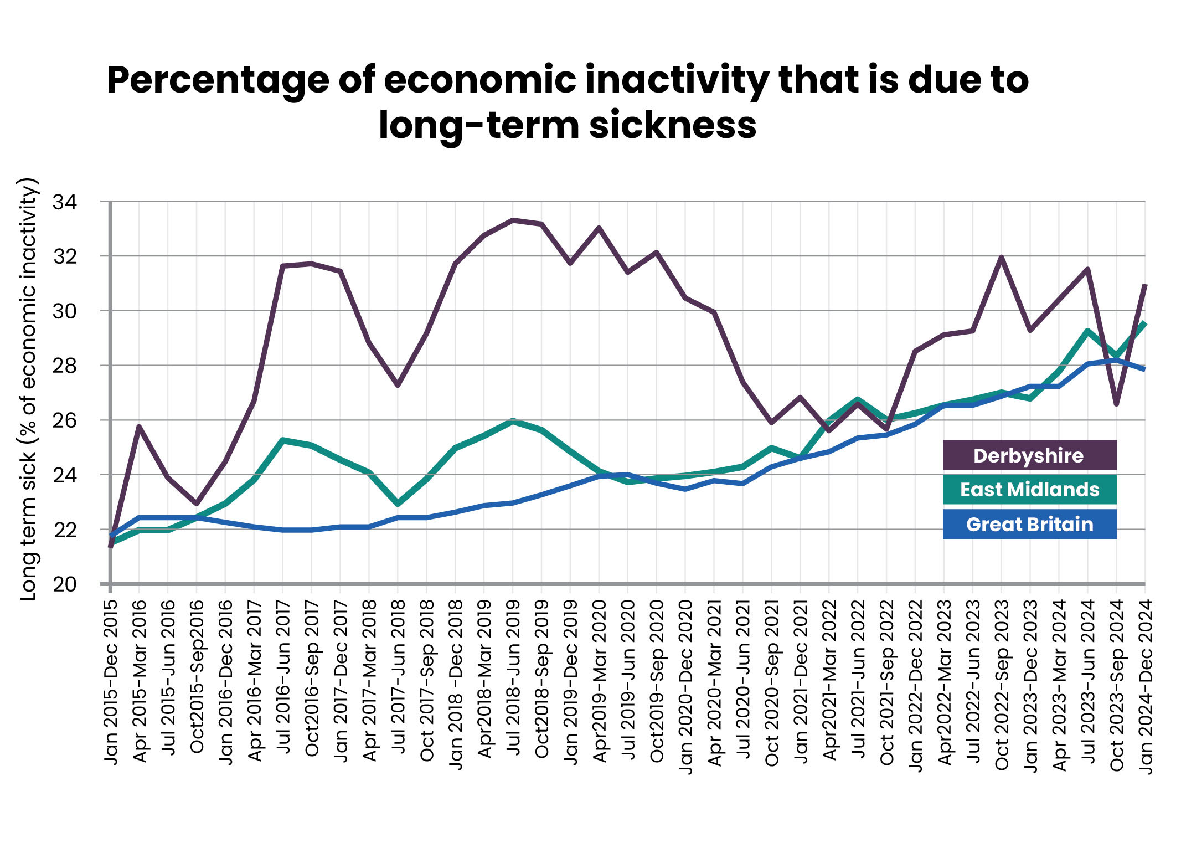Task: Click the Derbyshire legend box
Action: pos(1029,455)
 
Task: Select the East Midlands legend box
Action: pos(1029,490)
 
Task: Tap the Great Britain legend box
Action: pos(1029,524)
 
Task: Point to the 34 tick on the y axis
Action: pos(64,202)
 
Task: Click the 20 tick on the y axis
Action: pos(64,584)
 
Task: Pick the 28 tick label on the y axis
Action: pos(64,366)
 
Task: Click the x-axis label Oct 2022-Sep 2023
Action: pos(1002,685)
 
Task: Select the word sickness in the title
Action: pos(672,125)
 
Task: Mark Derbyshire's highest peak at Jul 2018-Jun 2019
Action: pos(513,220)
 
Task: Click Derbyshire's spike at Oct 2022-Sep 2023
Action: pos(1001,258)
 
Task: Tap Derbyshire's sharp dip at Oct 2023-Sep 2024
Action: pos(1116,404)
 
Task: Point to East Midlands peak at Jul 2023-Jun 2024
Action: pos(1087,332)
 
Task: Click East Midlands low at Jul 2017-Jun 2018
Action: pos(398,504)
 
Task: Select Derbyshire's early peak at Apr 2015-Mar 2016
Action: pos(139,427)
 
